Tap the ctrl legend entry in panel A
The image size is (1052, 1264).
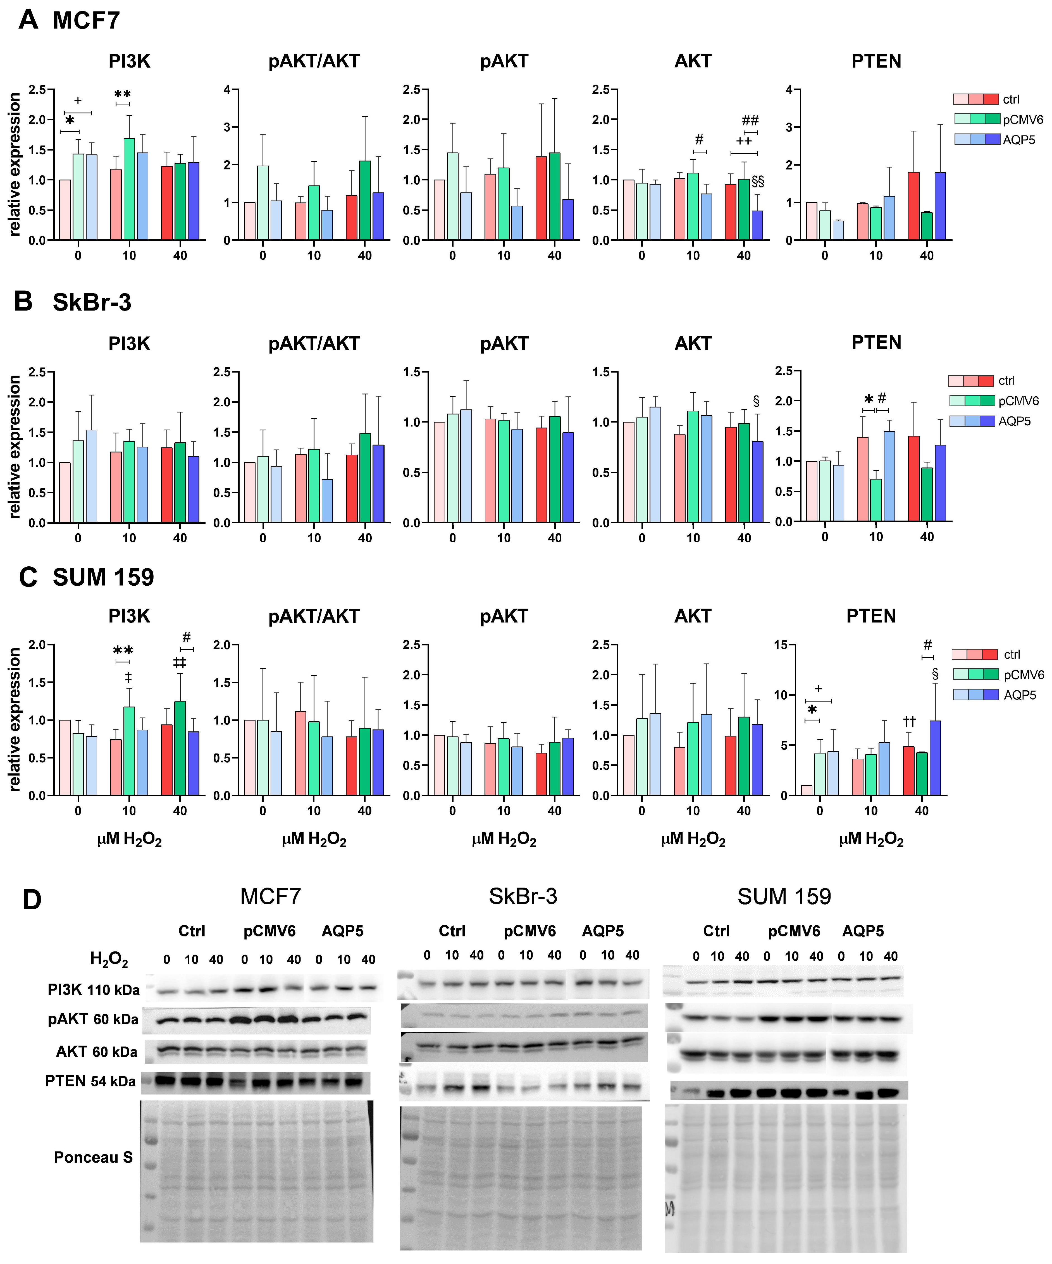1011,99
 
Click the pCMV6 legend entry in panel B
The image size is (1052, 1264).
1018,401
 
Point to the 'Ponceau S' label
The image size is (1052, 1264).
93,1158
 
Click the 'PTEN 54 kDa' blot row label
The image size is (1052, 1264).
90,1082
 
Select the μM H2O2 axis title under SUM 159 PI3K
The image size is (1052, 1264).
129,839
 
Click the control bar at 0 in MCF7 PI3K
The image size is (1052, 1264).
65,210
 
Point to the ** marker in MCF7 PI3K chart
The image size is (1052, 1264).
122,94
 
